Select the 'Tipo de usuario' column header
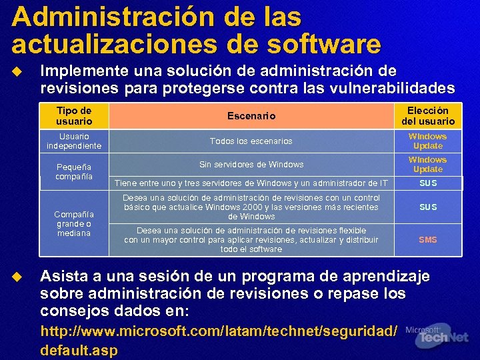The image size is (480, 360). pos(74,115)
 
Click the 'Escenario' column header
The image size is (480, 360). pos(251,116)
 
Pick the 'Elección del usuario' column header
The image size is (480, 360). pos(427,115)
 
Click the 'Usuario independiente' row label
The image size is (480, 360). pos(74,141)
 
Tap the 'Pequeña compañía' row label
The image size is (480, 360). pos(74,171)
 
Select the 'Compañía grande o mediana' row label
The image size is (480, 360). pos(74,223)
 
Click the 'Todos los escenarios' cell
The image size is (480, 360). pos(251,141)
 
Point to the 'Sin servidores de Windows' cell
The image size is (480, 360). pos(251,164)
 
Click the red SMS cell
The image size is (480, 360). pos(427,239)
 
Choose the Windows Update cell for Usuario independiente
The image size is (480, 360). pos(427,141)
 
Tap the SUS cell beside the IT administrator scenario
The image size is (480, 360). pos(427,183)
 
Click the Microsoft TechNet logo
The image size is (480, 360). pos(437,337)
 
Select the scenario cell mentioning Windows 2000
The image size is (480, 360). pos(251,207)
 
